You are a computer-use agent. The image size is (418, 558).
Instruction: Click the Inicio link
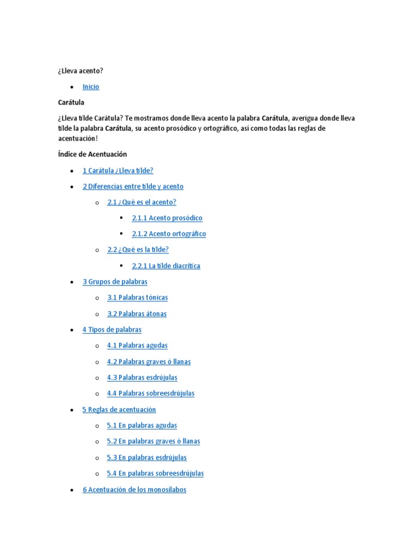[91, 87]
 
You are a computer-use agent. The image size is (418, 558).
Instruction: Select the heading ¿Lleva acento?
[81, 71]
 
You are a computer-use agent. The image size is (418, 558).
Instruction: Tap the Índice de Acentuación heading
[93, 154]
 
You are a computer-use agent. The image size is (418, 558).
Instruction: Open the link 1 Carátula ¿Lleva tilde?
[121, 171]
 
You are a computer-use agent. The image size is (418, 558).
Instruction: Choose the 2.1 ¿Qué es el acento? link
[142, 202]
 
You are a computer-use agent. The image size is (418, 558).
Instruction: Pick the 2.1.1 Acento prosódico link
[167, 218]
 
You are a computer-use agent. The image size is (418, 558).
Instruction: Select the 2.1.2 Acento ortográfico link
[169, 234]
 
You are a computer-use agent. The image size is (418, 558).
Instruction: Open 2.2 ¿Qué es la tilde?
[138, 250]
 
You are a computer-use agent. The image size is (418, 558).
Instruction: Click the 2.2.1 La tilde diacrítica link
[166, 266]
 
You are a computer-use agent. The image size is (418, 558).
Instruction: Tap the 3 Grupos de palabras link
[115, 282]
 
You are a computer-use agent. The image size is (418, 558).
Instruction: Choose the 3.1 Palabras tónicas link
[138, 298]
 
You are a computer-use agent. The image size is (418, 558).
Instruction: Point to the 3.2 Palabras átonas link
[137, 314]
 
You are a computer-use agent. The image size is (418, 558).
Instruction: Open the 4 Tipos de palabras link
[112, 330]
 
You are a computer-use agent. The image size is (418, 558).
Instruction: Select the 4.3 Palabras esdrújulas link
[142, 378]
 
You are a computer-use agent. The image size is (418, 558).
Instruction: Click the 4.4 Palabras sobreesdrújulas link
[151, 393]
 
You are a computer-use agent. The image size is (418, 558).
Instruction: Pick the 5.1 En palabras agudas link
[142, 426]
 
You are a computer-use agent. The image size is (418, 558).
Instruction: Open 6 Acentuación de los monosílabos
[134, 490]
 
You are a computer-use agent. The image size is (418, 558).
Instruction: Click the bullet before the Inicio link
[72, 87]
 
